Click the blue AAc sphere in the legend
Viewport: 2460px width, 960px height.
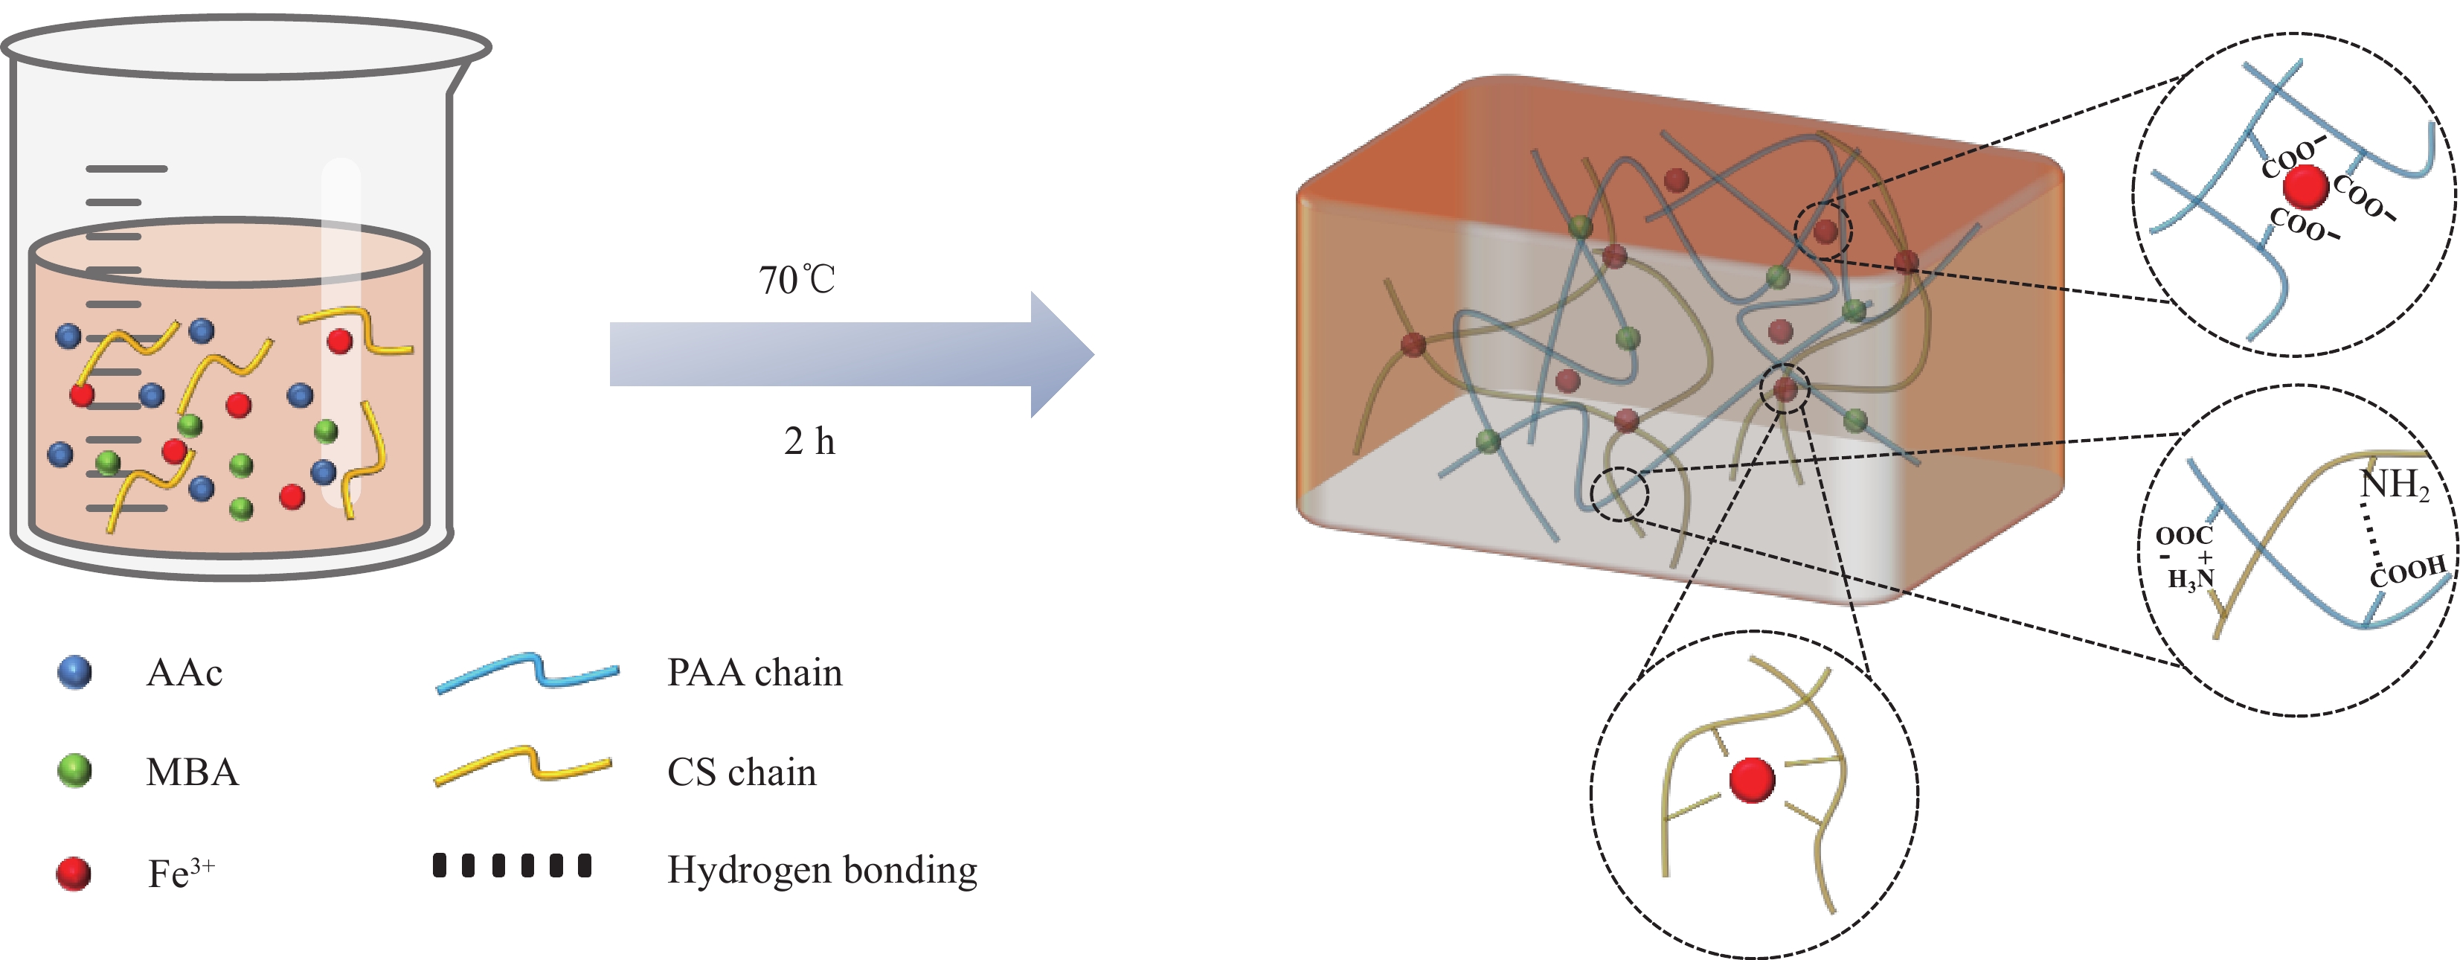[x=74, y=673]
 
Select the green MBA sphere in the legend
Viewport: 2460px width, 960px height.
[x=74, y=771]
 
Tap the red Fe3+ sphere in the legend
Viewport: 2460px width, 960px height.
[x=74, y=873]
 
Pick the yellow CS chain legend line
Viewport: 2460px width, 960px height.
[x=522, y=766]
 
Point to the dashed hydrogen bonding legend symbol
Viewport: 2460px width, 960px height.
[x=512, y=865]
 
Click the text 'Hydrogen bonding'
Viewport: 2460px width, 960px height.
[x=821, y=870]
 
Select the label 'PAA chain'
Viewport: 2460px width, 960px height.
[x=754, y=673]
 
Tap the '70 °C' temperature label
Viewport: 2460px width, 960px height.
[x=797, y=280]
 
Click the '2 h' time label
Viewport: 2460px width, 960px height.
[x=809, y=441]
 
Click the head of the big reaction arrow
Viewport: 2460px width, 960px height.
[x=1060, y=354]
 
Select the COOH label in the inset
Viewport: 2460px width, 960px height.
[x=2407, y=572]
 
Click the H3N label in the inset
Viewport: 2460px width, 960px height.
[x=2190, y=579]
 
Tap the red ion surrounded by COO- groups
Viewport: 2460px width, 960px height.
[x=2306, y=186]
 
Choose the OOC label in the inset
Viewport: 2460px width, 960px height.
[x=2184, y=536]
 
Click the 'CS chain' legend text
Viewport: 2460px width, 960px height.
[x=742, y=772]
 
